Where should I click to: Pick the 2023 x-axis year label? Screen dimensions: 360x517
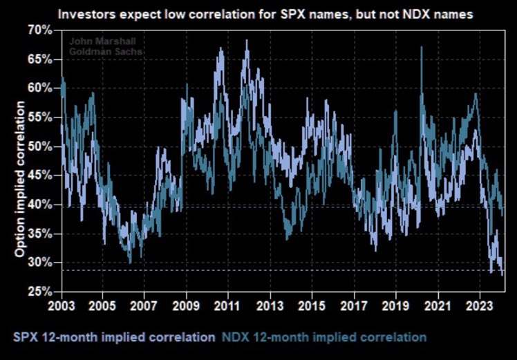point(480,304)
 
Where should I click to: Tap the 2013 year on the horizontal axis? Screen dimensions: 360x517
point(271,304)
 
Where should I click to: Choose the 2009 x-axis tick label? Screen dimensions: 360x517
point(187,304)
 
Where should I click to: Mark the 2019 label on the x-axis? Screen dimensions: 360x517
point(397,304)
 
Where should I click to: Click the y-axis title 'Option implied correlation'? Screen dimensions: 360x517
point(20,179)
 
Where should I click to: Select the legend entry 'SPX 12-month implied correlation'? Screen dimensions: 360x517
point(113,337)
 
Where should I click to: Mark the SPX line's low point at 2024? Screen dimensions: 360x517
point(502,274)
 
